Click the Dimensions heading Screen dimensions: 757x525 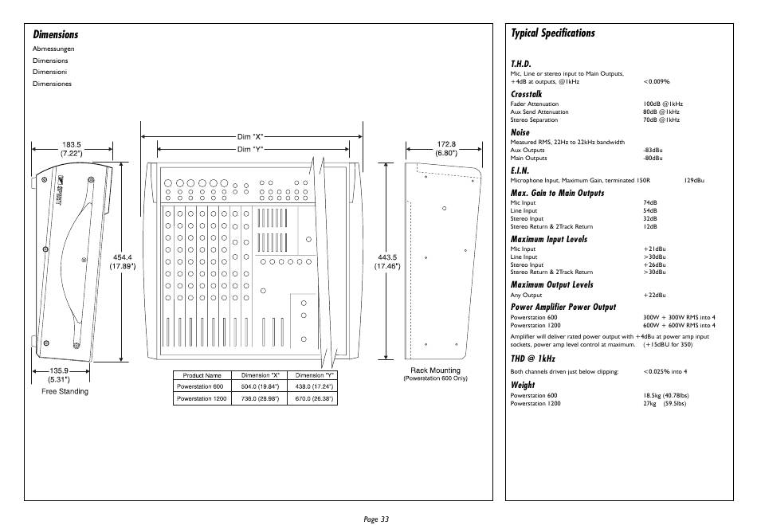point(56,34)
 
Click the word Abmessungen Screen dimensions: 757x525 point(53,49)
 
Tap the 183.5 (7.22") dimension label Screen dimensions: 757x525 point(72,149)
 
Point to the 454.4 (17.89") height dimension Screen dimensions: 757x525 point(122,261)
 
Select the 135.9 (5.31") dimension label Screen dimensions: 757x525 point(59,375)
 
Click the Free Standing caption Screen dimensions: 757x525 point(65,391)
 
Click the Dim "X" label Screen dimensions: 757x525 point(250,137)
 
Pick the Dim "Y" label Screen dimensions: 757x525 point(250,150)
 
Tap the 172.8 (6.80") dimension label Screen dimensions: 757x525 point(446,149)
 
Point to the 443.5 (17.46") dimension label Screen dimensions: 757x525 point(388,261)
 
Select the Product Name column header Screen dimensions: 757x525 point(202,375)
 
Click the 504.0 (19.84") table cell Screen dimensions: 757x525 point(260,386)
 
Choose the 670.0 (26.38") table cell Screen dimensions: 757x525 point(314,398)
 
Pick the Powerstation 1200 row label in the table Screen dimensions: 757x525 point(202,398)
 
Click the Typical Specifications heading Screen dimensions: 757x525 point(553,33)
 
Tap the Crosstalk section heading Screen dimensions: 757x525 point(526,94)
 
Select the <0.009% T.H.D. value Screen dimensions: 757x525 point(656,81)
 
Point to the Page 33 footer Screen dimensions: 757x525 point(376,519)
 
